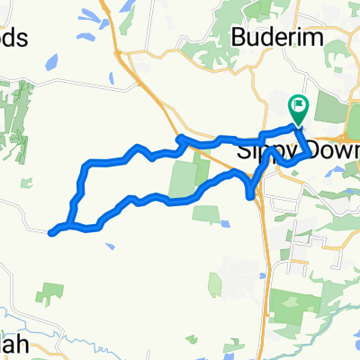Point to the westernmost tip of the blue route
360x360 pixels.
pos(51,234)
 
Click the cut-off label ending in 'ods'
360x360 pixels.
pos(15,39)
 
